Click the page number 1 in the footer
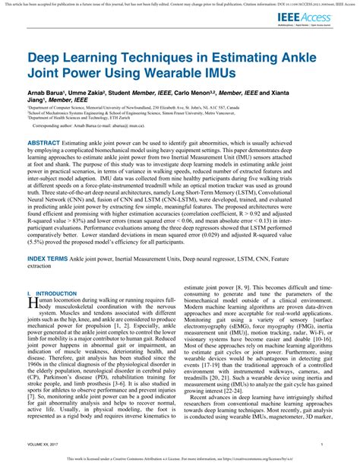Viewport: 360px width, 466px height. pos(321,444)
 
